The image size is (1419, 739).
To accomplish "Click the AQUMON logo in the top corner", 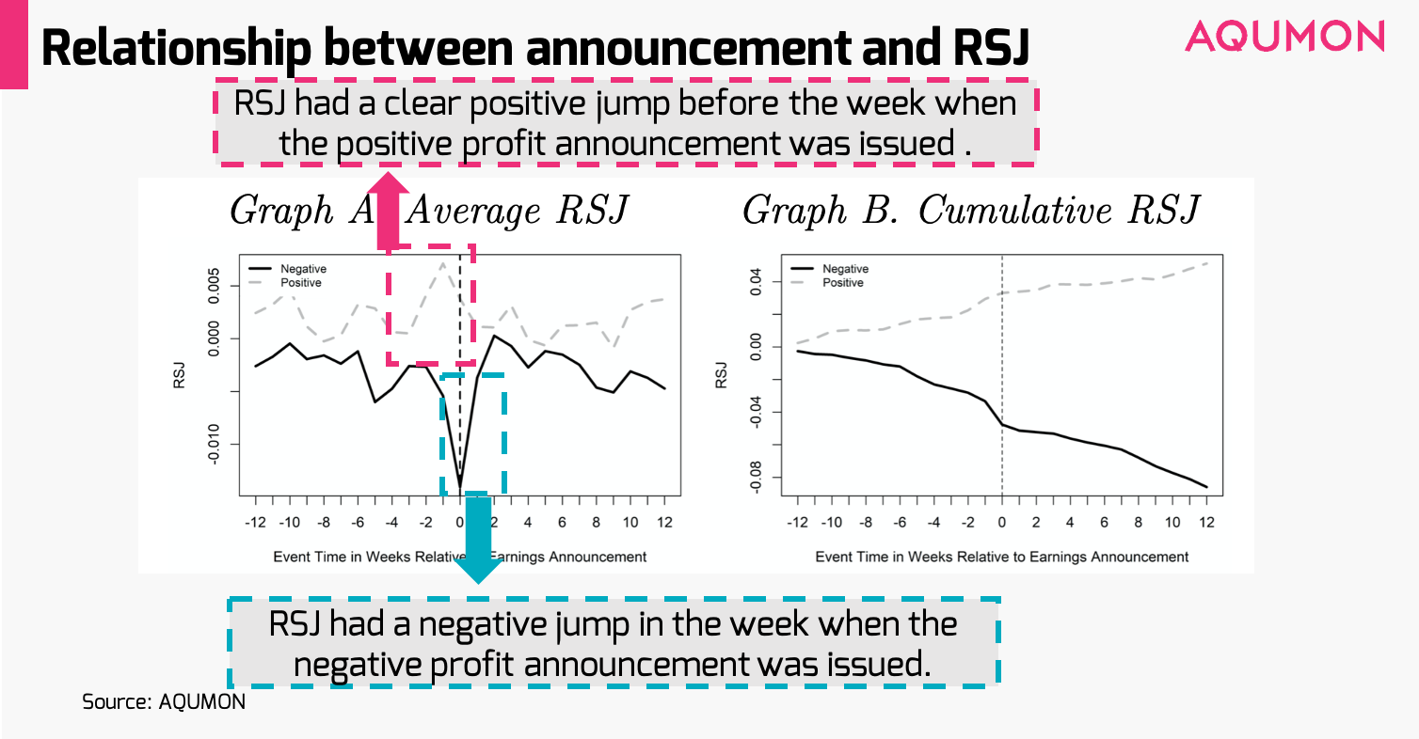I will point(1284,36).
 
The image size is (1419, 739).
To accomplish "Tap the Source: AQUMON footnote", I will point(164,701).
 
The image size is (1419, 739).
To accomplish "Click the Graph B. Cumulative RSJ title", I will point(970,211).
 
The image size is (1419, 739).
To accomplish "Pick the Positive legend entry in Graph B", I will point(842,282).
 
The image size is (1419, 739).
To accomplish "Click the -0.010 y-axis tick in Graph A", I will point(215,444).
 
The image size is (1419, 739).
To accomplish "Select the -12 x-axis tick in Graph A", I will point(254,523).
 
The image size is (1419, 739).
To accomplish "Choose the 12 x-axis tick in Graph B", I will point(1205,523).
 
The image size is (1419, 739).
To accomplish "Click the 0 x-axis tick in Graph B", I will point(1001,523).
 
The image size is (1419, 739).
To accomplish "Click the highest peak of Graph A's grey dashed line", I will point(442,263).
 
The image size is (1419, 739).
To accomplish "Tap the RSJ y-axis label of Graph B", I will point(722,374).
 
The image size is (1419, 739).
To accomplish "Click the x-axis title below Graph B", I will point(1001,557).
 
